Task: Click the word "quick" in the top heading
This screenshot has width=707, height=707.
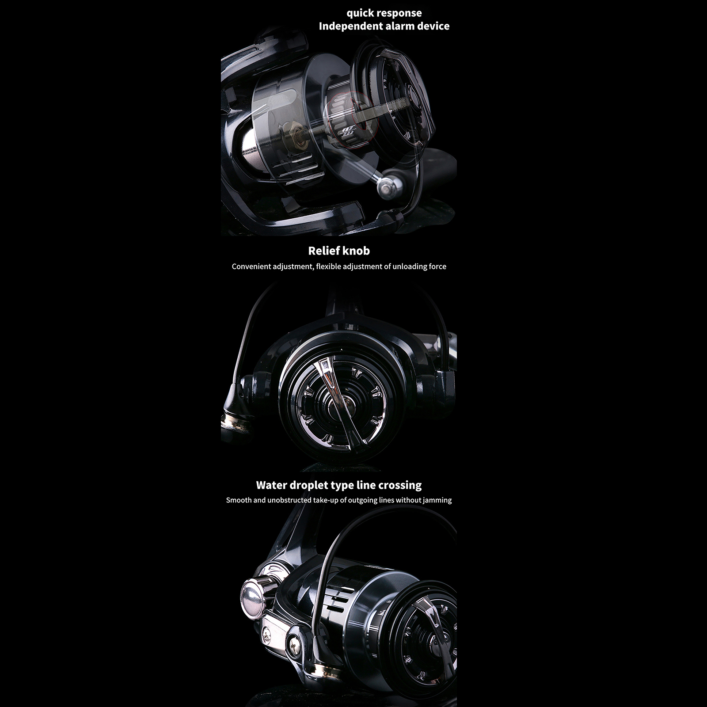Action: (360, 14)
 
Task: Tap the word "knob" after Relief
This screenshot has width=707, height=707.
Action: (356, 251)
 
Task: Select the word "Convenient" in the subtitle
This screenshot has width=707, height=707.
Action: (251, 266)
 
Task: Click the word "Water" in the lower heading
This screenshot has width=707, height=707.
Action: (272, 485)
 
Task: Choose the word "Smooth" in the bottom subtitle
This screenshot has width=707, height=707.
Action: (239, 500)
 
